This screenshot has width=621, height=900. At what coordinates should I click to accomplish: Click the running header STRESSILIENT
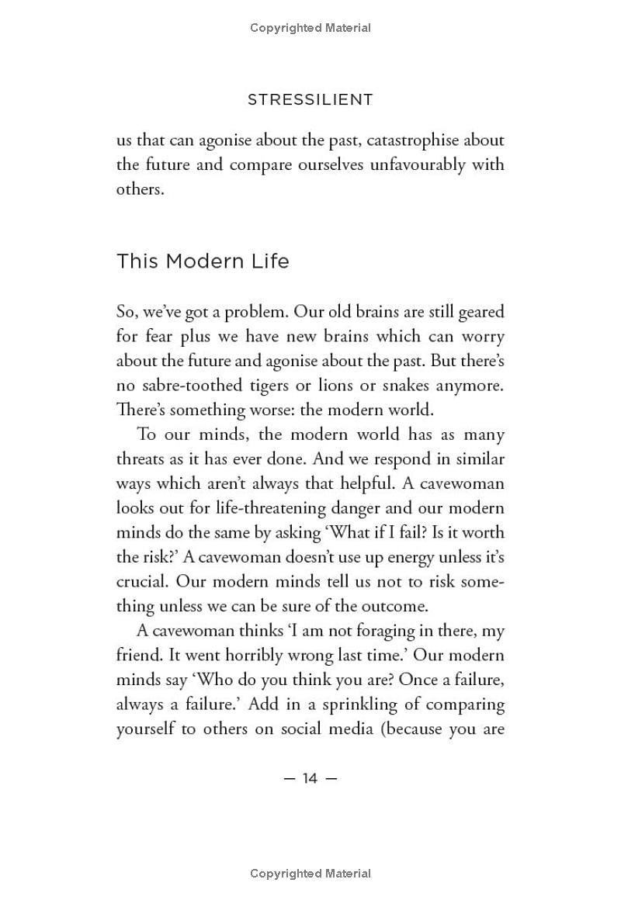[310, 100]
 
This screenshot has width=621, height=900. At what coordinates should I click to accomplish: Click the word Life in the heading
[271, 261]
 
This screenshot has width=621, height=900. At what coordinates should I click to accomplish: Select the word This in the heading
[137, 261]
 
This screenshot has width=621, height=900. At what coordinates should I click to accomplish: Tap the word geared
[479, 312]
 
